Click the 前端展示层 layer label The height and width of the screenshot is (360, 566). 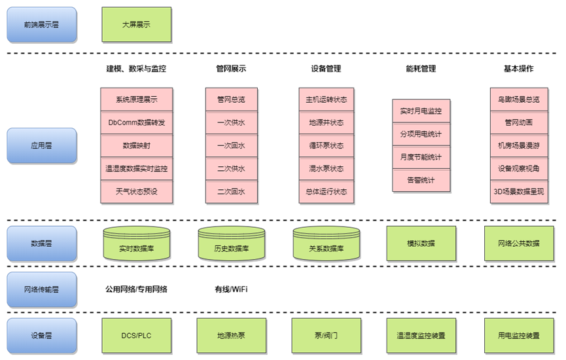[x=41, y=24]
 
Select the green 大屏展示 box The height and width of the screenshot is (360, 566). [x=136, y=24]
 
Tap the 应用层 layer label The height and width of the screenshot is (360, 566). [x=41, y=145]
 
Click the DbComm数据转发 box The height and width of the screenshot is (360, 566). [x=136, y=122]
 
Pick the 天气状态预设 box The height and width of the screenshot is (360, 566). [x=136, y=191]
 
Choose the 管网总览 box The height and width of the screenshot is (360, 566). [x=231, y=100]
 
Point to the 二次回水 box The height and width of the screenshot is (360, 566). [x=231, y=191]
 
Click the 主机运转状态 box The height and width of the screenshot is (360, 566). [x=326, y=100]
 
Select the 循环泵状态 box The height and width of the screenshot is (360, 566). [x=326, y=145]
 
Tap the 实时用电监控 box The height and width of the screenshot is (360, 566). [x=421, y=111]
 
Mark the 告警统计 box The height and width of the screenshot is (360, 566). [x=421, y=179]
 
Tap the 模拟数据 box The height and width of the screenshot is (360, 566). [x=421, y=243]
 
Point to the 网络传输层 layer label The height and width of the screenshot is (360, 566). [x=41, y=289]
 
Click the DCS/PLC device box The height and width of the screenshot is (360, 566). [x=136, y=335]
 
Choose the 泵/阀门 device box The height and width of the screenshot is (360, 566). [x=326, y=335]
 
